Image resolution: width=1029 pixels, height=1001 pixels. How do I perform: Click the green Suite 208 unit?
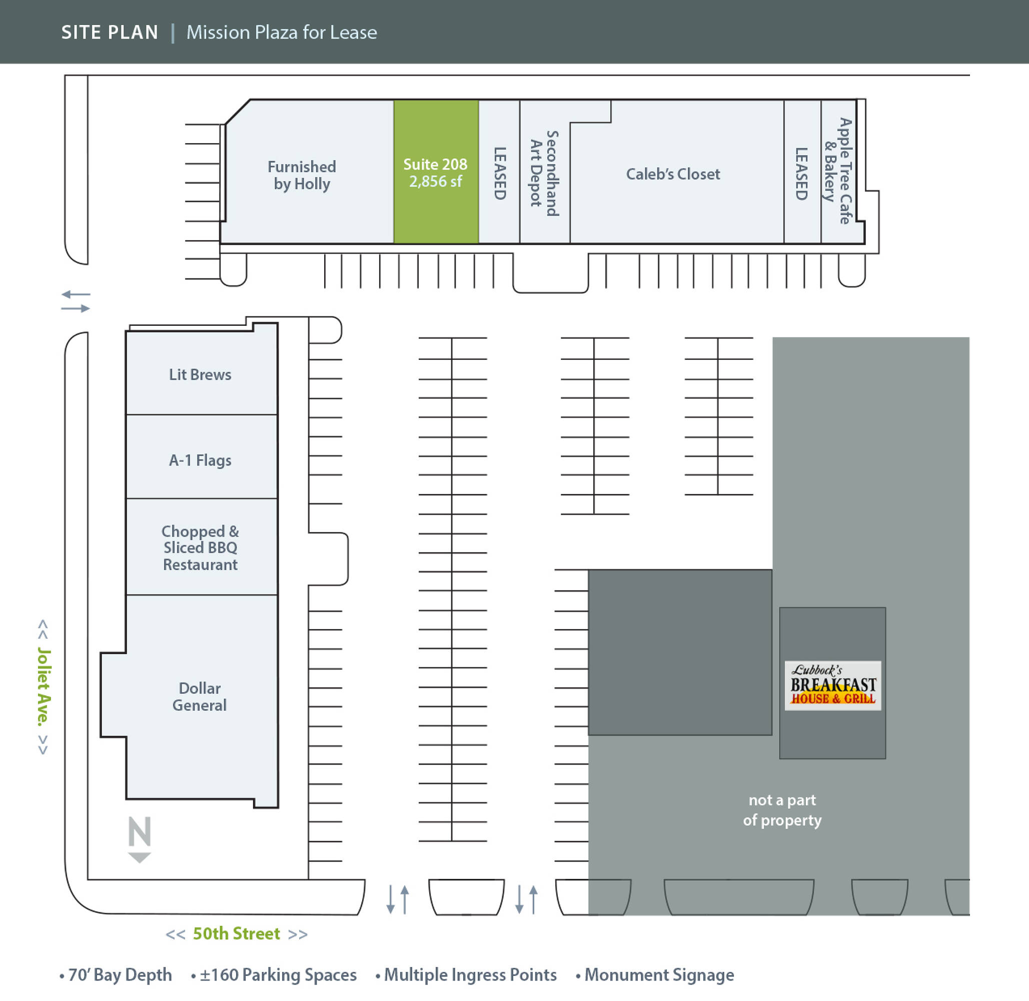click(x=435, y=173)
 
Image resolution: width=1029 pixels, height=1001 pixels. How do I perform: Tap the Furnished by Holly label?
click(x=302, y=175)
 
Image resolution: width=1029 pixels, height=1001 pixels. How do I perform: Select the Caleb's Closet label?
click(x=673, y=174)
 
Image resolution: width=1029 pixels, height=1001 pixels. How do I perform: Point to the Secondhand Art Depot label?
click(x=544, y=174)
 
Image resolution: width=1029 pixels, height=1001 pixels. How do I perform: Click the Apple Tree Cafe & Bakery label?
click(x=838, y=171)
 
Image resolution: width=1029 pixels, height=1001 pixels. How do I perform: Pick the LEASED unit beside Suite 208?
click(x=499, y=174)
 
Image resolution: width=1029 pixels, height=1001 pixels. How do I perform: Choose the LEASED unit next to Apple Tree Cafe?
click(x=801, y=174)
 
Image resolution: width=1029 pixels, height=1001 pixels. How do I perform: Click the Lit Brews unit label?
click(x=200, y=375)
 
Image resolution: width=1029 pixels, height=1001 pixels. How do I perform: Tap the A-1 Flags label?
click(x=200, y=460)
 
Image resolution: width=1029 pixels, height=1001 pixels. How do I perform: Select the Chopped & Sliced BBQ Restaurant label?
click(x=200, y=548)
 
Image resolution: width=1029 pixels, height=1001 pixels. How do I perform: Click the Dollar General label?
click(x=200, y=697)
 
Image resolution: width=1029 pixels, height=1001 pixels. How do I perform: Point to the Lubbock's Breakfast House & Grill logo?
click(x=833, y=685)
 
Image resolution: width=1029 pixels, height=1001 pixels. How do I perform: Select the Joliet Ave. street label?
click(x=44, y=686)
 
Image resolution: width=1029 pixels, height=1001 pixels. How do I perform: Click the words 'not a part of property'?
click(x=782, y=810)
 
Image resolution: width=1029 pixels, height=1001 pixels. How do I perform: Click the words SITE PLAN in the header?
click(x=110, y=33)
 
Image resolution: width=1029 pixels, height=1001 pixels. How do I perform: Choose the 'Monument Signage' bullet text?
click(x=659, y=974)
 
